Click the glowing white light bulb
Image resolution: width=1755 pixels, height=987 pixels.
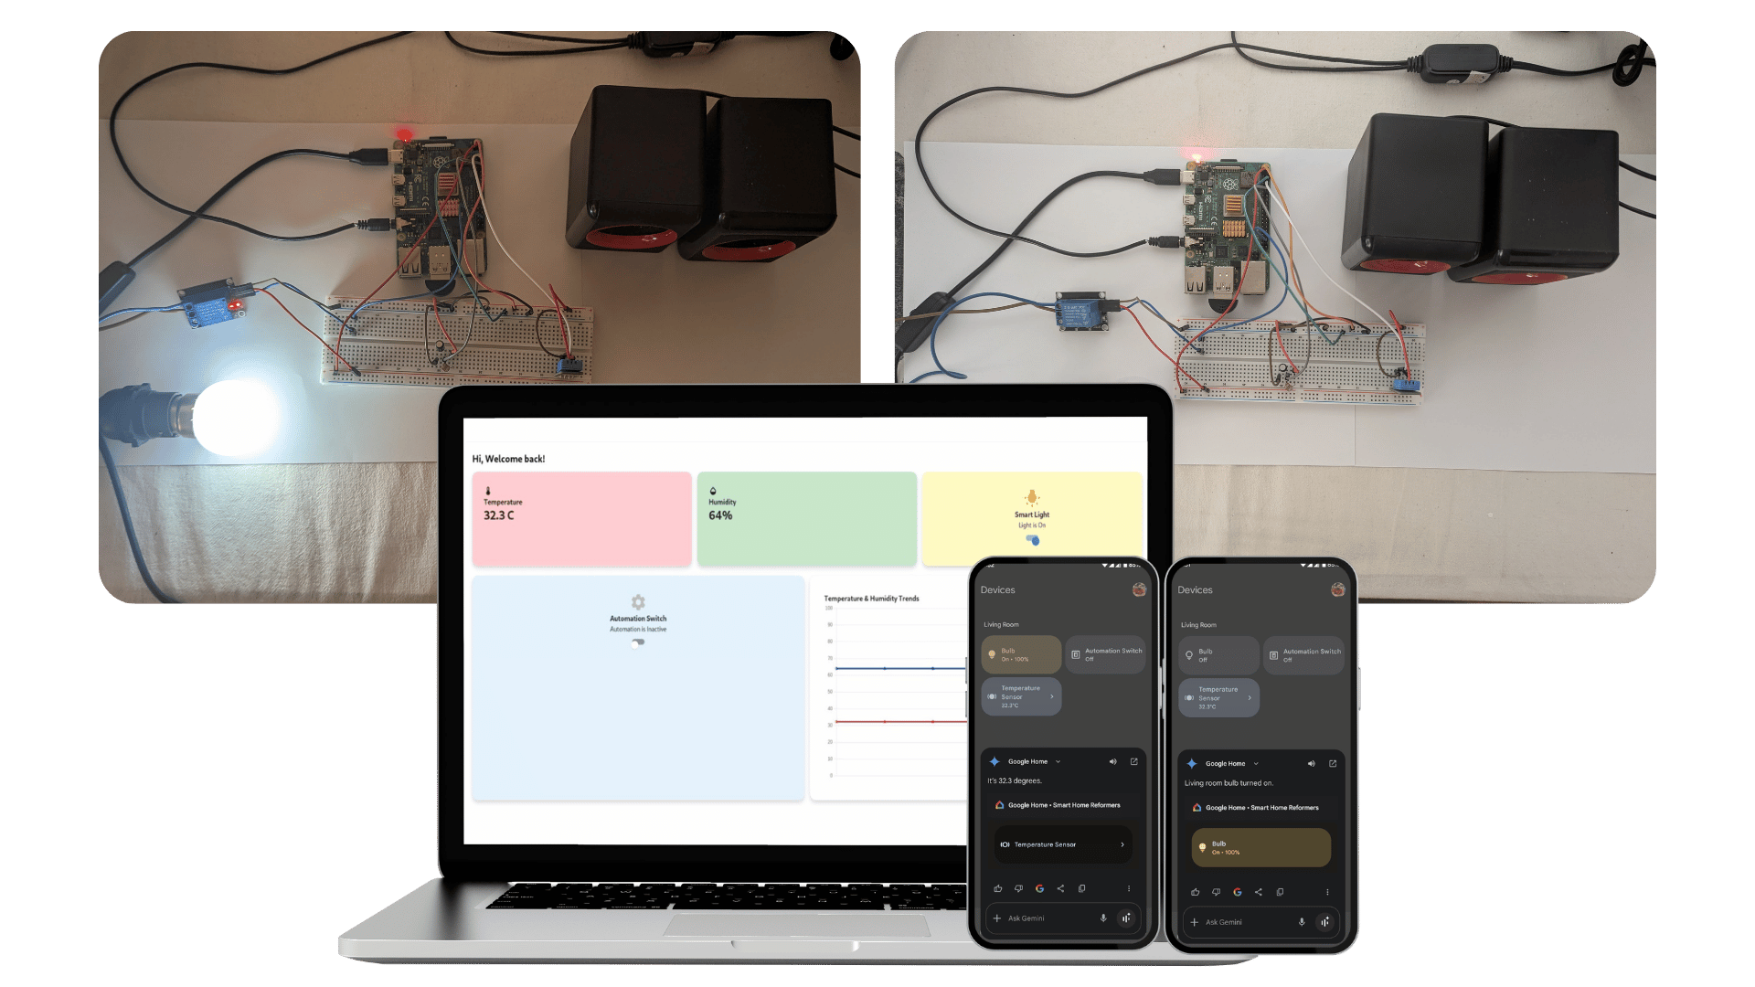pos(236,417)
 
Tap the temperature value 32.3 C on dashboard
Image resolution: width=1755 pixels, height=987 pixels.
pos(499,515)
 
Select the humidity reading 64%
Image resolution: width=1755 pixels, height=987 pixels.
pos(720,515)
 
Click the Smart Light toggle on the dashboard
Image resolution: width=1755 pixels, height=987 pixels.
pos(1033,540)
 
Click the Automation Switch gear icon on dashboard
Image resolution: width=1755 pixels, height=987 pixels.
pos(638,602)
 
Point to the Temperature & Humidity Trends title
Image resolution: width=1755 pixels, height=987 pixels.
pos(871,599)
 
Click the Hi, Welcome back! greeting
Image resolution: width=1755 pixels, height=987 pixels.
pos(508,459)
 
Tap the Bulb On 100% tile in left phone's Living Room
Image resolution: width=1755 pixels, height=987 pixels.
pos(1021,654)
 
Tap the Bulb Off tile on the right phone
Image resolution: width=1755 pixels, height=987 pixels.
pos(1218,655)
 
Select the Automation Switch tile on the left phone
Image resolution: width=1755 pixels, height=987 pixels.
pos(1105,654)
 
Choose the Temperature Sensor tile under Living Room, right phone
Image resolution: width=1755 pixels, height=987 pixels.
pos(1218,697)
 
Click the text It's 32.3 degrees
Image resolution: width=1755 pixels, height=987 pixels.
pos(1015,780)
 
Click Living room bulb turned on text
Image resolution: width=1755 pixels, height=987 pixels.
pos(1228,783)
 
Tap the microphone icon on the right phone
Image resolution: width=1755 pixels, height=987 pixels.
pos(1302,922)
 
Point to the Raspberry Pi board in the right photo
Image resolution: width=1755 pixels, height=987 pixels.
pos(1228,228)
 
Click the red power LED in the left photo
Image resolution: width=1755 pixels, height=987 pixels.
pos(403,135)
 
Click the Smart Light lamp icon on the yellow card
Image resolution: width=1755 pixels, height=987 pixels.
pos(1032,497)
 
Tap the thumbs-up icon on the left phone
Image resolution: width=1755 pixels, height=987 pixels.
pos(998,888)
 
